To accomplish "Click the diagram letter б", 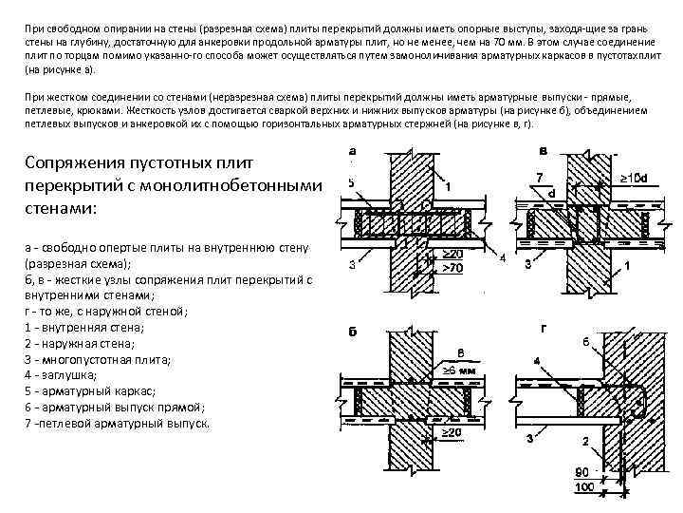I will click(x=352, y=344).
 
